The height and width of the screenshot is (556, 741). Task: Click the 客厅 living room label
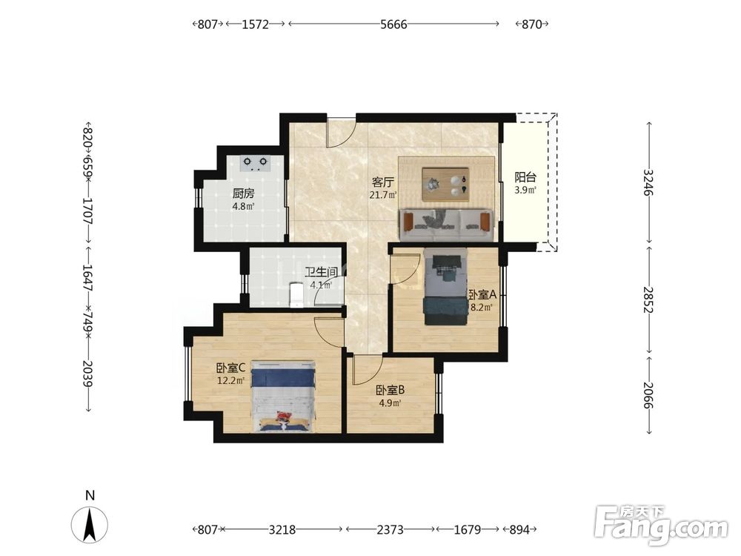click(383, 182)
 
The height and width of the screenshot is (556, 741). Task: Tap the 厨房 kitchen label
click(243, 193)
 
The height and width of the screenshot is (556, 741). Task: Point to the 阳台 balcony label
click(525, 178)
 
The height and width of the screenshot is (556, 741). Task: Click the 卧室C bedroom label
click(230, 368)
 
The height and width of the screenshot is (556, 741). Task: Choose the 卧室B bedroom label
click(390, 390)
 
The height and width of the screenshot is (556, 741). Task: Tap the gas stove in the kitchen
click(255, 163)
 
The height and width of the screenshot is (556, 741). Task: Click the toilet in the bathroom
click(296, 294)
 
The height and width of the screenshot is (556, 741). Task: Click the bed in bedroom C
click(282, 396)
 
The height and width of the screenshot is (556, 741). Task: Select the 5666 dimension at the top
click(393, 24)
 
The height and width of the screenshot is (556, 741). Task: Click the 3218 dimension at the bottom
click(282, 529)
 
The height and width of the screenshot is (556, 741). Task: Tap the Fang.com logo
click(662, 524)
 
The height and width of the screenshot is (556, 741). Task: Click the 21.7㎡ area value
click(383, 194)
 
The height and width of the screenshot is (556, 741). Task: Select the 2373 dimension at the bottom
click(390, 529)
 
